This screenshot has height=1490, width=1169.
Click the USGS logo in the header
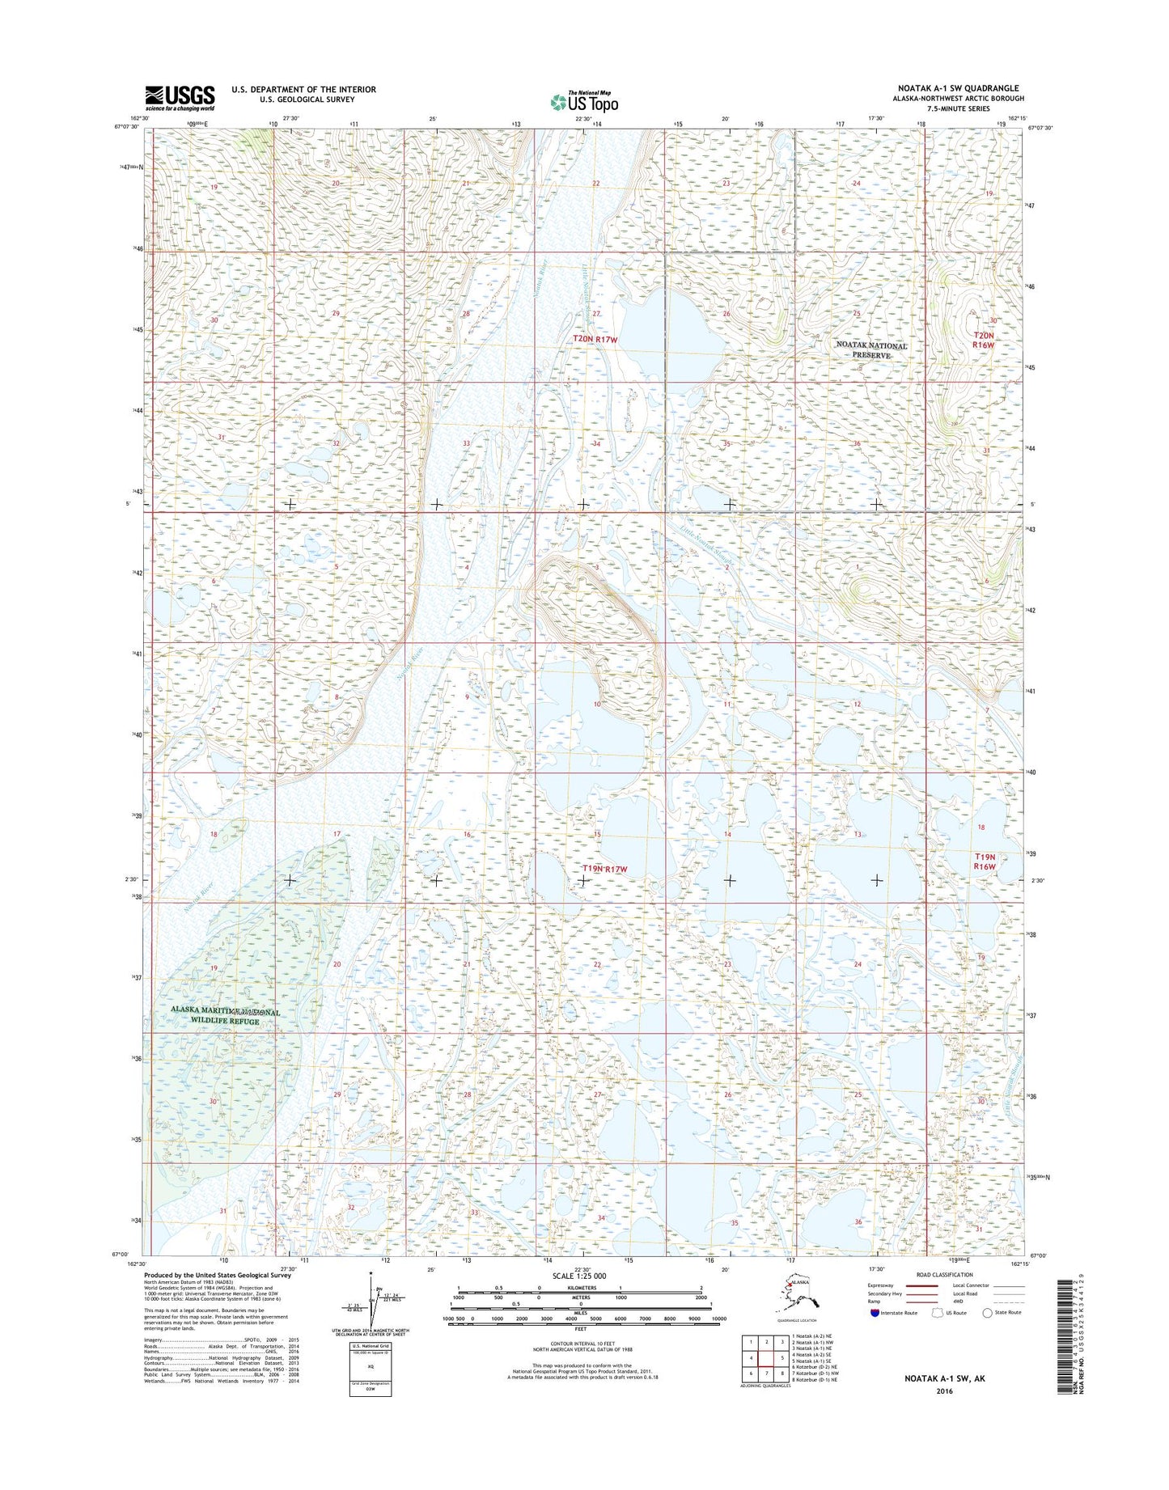pyautogui.click(x=180, y=97)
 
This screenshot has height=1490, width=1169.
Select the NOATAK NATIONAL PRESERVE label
pyautogui.click(x=871, y=350)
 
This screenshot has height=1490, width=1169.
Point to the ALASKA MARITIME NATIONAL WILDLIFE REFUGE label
pyautogui.click(x=225, y=1017)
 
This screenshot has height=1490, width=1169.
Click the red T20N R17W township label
pyautogui.click(x=595, y=340)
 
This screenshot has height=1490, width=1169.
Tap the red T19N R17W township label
pyautogui.click(x=604, y=869)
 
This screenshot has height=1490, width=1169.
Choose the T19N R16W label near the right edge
pyautogui.click(x=984, y=861)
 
